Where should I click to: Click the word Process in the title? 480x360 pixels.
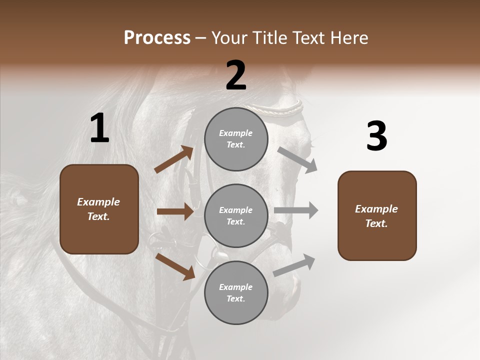[157, 38]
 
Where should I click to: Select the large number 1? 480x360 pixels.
[99, 129]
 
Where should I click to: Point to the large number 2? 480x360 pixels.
[236, 75]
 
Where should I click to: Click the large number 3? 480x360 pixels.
[376, 136]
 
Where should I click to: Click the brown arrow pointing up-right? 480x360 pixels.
[174, 159]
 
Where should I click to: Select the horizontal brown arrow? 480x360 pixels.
[175, 211]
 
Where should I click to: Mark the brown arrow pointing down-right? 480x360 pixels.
[175, 266]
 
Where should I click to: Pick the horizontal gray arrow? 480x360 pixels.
[296, 210]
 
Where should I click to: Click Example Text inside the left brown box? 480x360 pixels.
[98, 209]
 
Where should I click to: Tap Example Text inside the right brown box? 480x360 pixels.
[376, 216]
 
